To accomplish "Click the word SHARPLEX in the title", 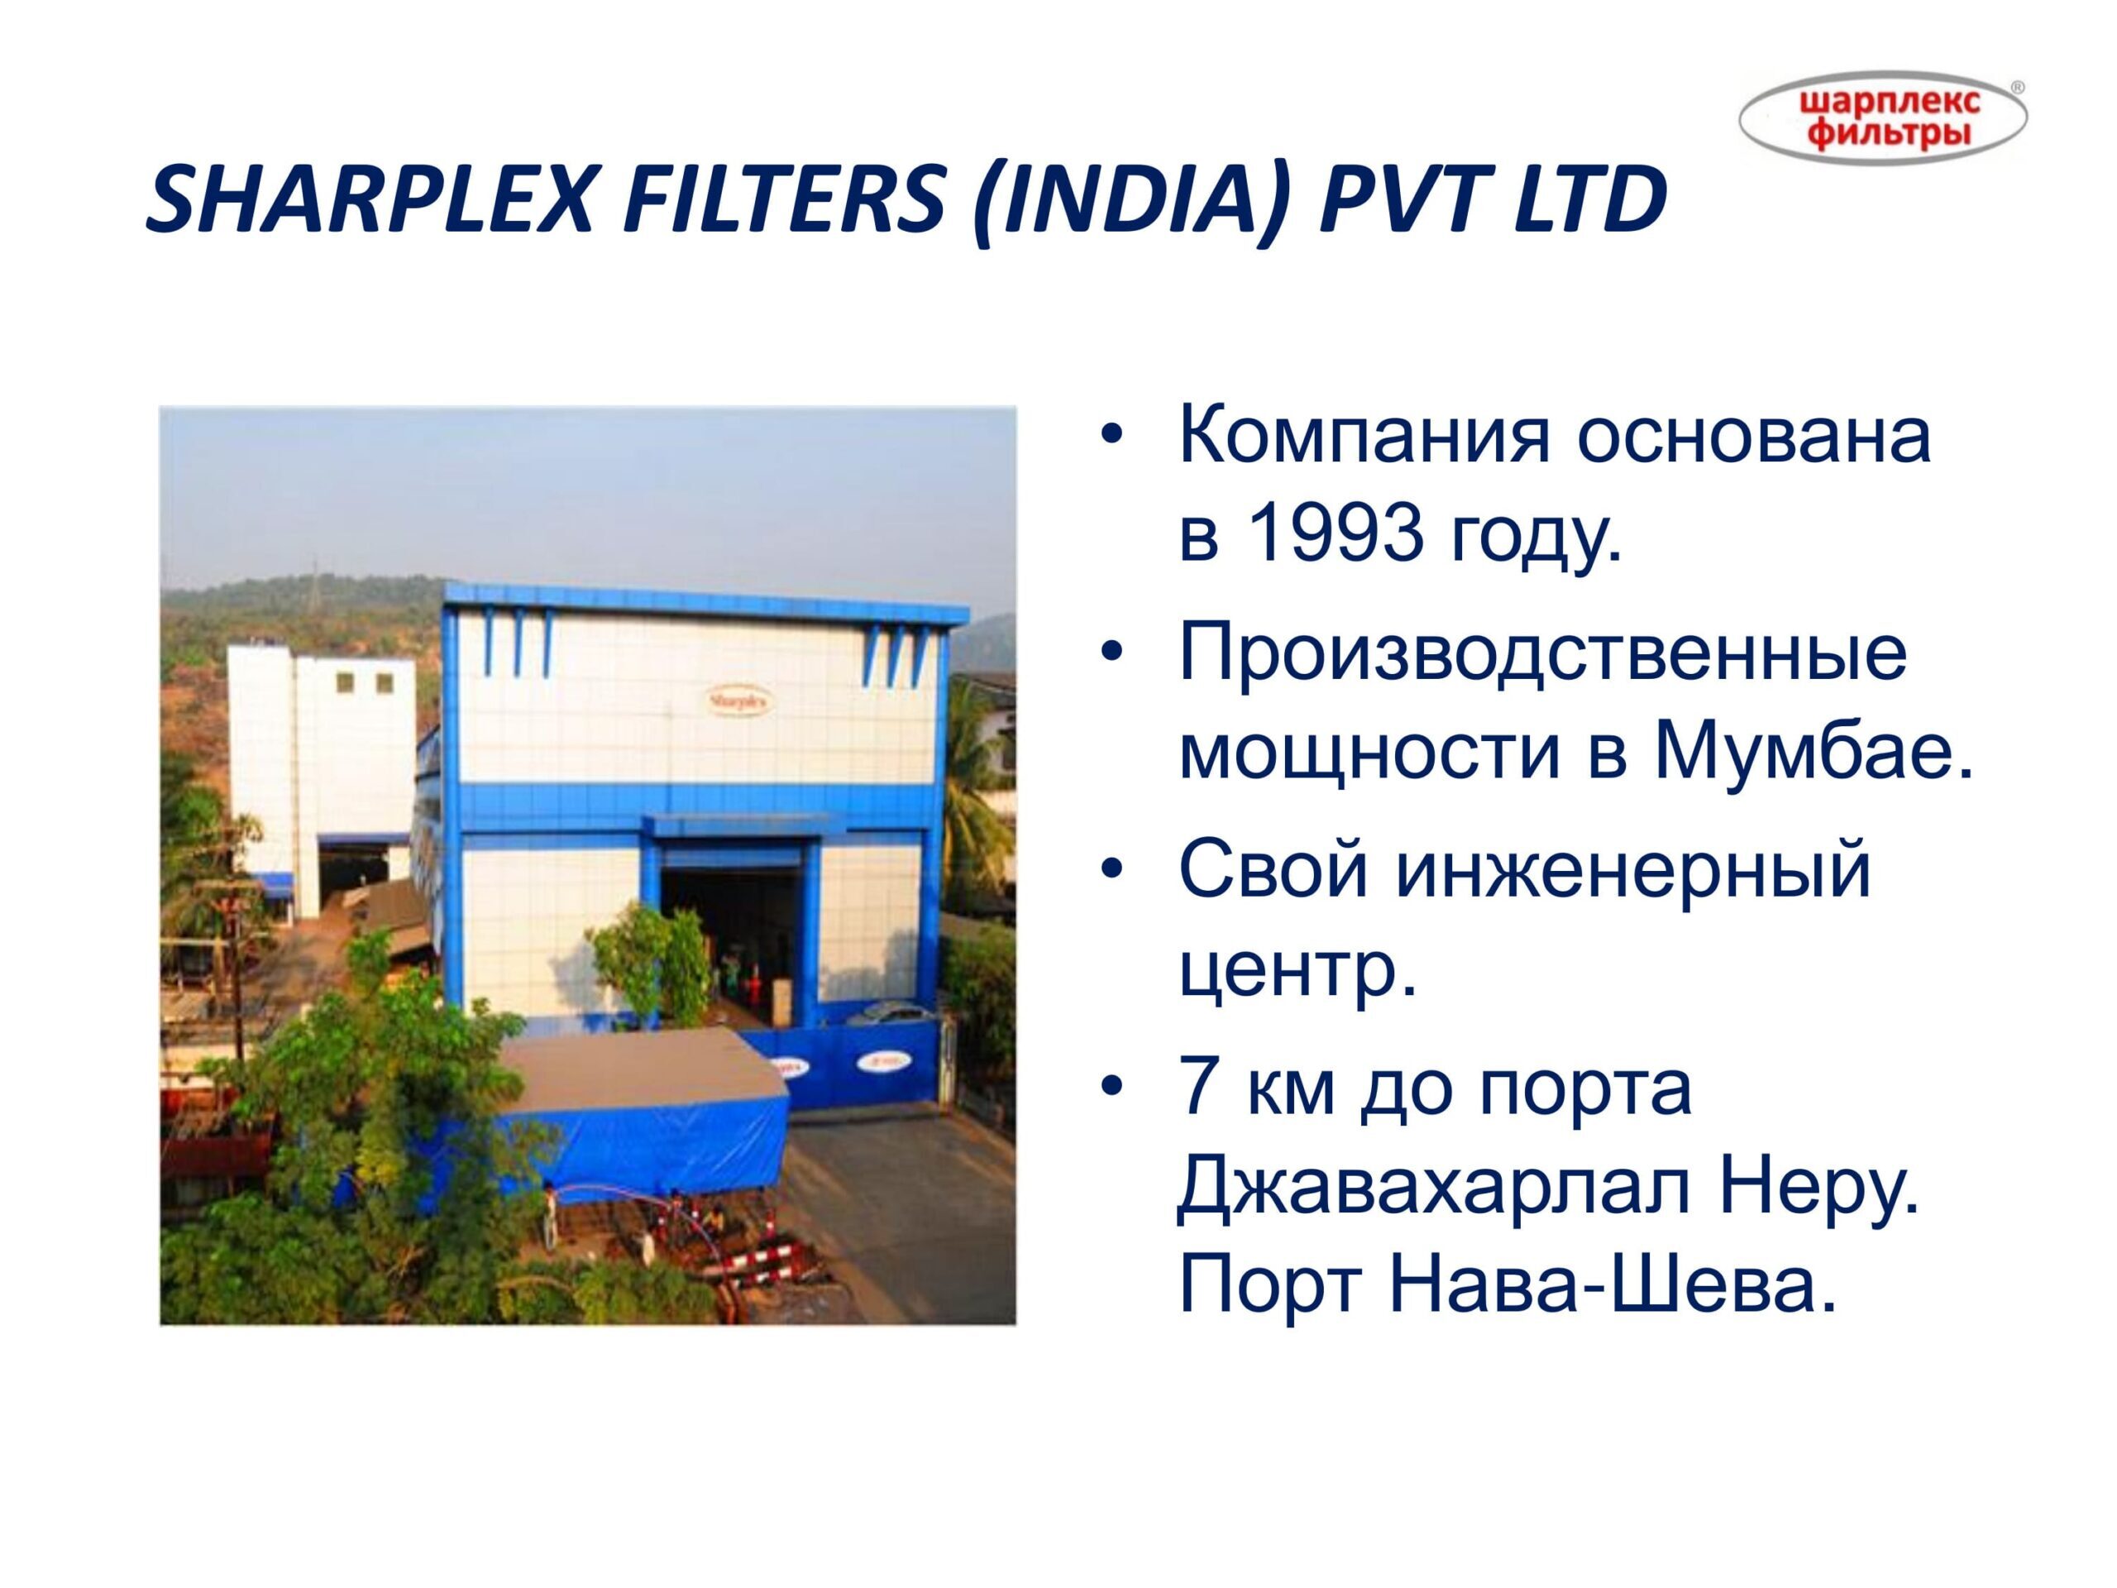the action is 369,202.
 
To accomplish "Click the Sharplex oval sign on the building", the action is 740,701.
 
